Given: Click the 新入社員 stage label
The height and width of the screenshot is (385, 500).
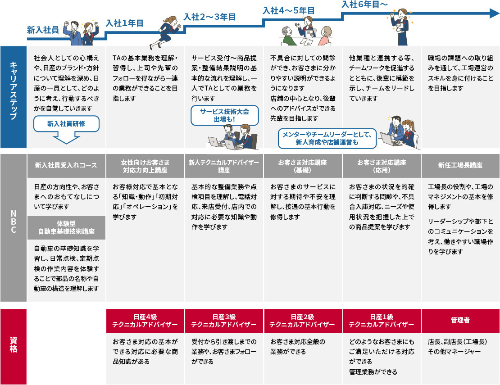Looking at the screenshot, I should click(43, 30).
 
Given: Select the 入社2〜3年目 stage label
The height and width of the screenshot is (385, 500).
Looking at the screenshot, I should click(209, 17).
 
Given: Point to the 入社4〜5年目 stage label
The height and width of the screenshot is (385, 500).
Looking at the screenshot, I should click(288, 10).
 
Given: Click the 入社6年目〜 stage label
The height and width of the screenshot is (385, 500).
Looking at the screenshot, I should click(364, 5).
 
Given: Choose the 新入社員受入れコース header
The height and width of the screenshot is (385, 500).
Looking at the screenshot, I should click(66, 165).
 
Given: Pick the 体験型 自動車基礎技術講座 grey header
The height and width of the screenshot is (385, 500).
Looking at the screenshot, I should click(66, 227).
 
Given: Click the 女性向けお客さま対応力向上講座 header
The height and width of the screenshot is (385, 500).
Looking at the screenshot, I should click(145, 166).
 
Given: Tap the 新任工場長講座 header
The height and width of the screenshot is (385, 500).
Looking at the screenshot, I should click(460, 165).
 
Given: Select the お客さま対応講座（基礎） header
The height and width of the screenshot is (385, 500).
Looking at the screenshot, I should click(303, 166).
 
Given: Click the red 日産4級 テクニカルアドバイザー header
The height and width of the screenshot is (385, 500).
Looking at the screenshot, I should click(145, 320).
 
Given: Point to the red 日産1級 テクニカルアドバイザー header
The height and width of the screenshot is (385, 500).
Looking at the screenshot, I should click(382, 320).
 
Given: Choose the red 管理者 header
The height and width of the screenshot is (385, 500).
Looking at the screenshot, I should click(460, 320).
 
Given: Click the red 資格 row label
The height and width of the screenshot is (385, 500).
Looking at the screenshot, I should click(13, 346).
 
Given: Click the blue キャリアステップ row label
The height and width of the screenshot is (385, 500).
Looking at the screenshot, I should click(13, 97).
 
